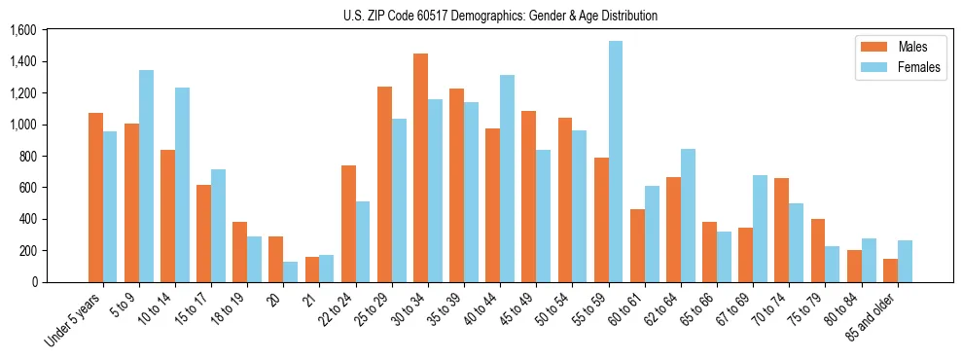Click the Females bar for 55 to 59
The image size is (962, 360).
coord(616,162)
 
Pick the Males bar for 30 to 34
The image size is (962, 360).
coord(420,167)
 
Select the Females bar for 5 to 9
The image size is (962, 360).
coord(146,176)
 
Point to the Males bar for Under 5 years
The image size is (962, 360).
coord(95,198)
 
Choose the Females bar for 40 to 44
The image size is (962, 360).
coord(507,178)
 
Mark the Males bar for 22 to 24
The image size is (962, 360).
coord(348,224)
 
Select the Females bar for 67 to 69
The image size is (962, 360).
coord(760,229)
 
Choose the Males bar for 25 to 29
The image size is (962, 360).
coord(384,184)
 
